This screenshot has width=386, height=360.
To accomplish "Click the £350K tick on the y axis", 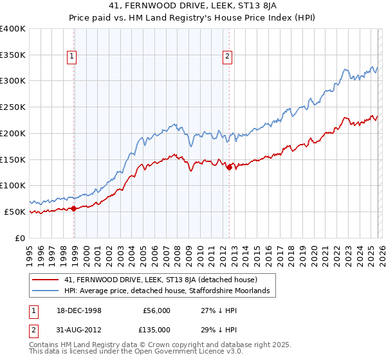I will (13, 55).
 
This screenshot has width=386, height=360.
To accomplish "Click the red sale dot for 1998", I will (74, 208).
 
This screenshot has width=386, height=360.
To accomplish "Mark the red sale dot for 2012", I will (230, 167).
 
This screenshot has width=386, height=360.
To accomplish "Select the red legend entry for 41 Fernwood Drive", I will (161, 280).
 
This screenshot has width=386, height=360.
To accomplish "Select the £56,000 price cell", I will (156, 310).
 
